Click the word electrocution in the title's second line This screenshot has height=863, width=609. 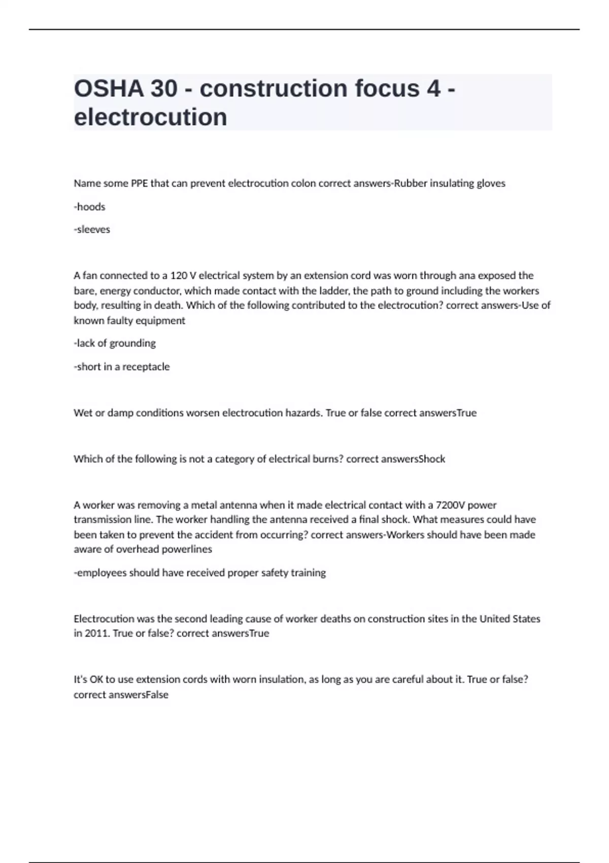click(150, 117)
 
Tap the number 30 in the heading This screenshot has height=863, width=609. click(164, 88)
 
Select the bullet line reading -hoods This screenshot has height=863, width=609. click(89, 207)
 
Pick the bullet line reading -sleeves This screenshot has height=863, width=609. click(92, 229)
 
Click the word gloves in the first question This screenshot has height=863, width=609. click(491, 183)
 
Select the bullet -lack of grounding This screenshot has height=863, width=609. click(115, 343)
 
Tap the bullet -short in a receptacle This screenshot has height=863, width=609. click(122, 367)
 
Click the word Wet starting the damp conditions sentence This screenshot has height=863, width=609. click(83, 413)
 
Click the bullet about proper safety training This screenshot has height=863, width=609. click(200, 573)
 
